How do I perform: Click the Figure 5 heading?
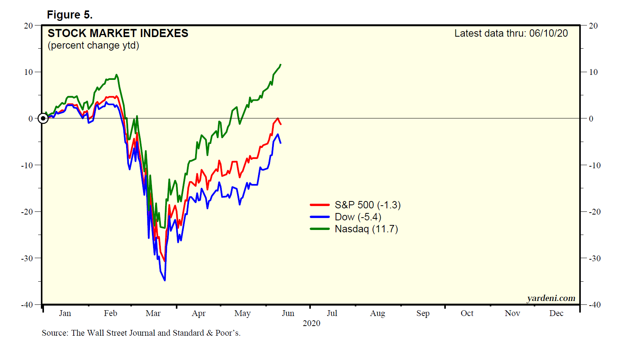69,15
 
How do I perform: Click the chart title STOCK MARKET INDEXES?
118,33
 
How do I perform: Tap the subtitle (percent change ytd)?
93,46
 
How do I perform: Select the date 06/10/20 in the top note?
548,33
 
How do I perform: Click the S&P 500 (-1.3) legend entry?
367,205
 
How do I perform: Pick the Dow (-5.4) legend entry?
358,217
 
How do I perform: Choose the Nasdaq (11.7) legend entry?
366,229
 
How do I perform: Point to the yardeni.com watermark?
551,298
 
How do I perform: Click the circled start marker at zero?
43,118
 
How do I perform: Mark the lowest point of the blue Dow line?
165,281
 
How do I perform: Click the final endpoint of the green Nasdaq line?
281,64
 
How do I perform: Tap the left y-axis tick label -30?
27,258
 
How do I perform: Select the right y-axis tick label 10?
593,72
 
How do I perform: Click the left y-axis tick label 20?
28,25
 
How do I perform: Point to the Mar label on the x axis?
153,313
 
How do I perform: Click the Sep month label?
423,313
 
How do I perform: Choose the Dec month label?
556,313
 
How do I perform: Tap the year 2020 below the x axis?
311,323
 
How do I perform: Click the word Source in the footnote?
54,333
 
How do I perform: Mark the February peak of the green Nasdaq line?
116,75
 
